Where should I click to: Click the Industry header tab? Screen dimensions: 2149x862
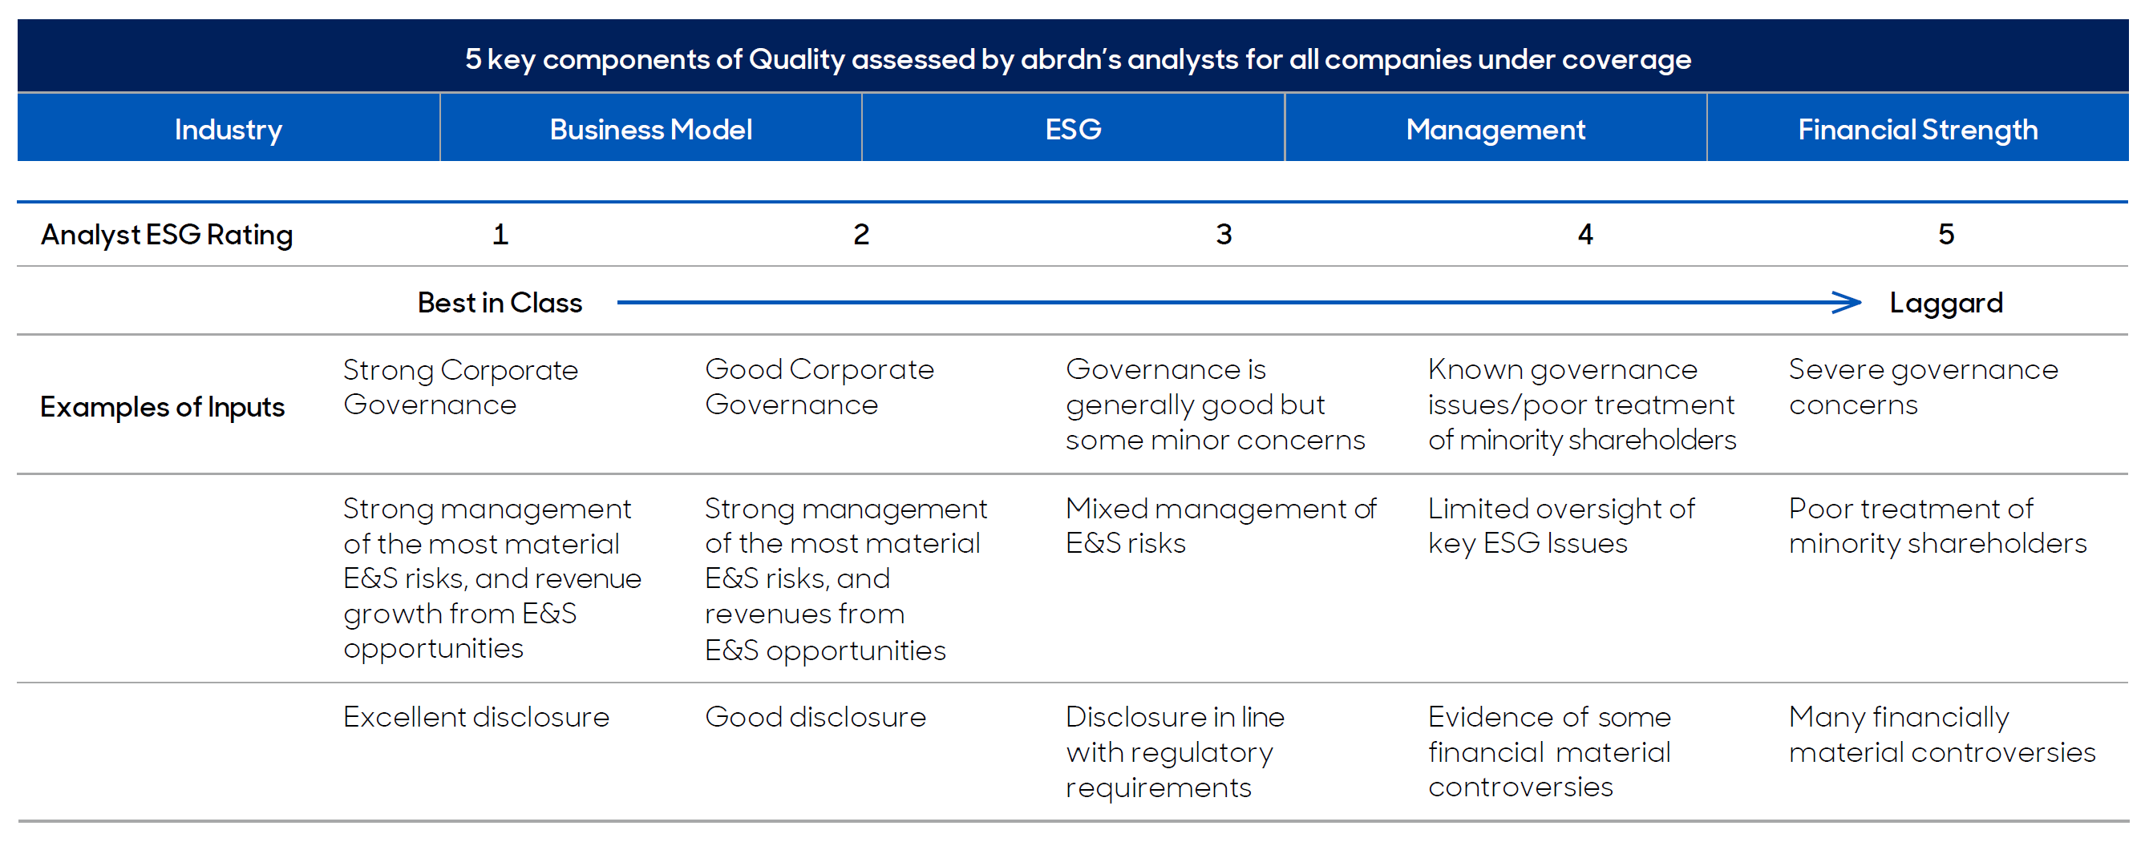pos(228,129)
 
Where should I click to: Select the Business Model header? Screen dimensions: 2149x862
pos(650,129)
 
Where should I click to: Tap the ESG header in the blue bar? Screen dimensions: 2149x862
pos(1073,129)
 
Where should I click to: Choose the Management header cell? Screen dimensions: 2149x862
pos(1495,129)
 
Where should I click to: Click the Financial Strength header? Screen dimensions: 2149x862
pos(1918,129)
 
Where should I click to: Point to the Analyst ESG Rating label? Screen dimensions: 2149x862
pos(167,235)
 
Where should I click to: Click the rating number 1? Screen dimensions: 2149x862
pos(500,234)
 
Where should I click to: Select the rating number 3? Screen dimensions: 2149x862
pos(1224,234)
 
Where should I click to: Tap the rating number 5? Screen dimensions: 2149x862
pos(1946,234)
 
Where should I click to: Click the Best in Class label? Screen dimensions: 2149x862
pos(500,303)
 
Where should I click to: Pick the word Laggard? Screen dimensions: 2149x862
pos(1946,304)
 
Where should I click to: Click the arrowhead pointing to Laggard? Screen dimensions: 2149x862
pos(1848,303)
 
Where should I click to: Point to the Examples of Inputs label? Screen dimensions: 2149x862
pos(163,408)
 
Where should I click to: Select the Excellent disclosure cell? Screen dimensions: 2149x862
pos(476,717)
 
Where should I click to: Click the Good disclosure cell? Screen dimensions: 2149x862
pos(815,717)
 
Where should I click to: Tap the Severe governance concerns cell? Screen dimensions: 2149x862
pos(1924,388)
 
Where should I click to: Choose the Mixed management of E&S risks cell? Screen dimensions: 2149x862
pos(1221,526)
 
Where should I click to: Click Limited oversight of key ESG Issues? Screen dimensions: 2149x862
pos(1562,526)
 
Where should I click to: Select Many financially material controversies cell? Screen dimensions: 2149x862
pos(1943,735)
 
